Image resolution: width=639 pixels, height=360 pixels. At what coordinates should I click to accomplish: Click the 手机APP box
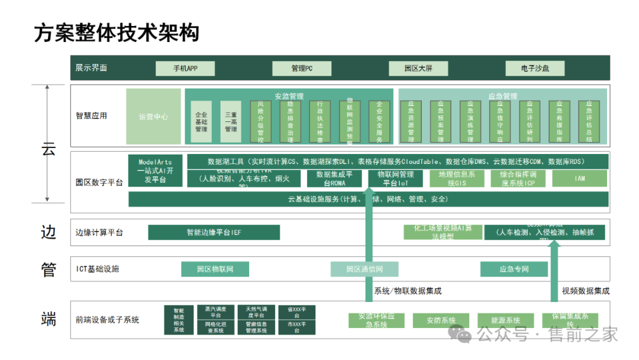click(185, 68)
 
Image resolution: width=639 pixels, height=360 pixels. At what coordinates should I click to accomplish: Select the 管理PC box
click(302, 68)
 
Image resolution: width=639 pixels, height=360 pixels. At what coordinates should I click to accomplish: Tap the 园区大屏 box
click(418, 68)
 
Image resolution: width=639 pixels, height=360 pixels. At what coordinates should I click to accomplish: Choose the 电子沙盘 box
click(535, 68)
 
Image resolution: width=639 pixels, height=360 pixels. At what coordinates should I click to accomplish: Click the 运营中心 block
click(153, 116)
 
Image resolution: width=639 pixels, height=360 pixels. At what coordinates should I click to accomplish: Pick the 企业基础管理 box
click(201, 121)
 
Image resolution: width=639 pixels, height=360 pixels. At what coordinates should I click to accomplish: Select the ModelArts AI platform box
click(155, 171)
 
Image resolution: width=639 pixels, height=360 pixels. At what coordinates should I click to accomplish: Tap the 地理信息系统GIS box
click(457, 178)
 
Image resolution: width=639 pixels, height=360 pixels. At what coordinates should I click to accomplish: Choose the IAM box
click(580, 178)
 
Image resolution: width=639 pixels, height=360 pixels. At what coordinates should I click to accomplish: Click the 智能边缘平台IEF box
click(214, 233)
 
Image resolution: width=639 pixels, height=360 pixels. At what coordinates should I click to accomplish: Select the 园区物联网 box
click(215, 269)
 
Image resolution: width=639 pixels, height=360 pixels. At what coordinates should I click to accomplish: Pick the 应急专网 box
click(514, 269)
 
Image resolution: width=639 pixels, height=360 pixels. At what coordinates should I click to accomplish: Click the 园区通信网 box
click(364, 269)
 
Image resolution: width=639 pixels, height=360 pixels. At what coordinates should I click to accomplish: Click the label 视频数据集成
click(585, 291)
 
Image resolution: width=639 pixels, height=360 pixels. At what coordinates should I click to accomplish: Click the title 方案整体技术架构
click(117, 33)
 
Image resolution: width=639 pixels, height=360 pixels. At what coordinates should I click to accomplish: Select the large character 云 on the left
click(48, 149)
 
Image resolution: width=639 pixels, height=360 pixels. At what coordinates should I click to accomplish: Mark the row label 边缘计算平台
click(99, 233)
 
